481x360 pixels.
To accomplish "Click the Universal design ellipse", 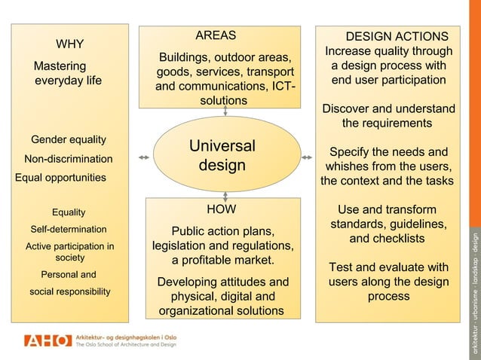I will coord(222,155).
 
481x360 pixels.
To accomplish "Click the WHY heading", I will coord(70,43).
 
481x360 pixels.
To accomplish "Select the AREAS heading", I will coord(216,35).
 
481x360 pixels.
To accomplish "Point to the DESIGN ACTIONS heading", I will coord(397,37).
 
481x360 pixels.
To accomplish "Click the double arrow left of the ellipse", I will coord(143,157).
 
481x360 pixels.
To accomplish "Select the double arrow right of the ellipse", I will coord(306,157).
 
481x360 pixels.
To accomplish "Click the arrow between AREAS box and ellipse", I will coord(225,111).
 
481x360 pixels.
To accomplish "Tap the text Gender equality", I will coord(69,139).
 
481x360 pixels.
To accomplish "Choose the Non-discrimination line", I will coord(69,159).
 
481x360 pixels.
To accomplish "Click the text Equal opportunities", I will coord(61,178).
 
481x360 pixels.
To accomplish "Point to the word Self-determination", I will coord(68,229).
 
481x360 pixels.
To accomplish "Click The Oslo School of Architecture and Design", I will coord(126,345).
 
